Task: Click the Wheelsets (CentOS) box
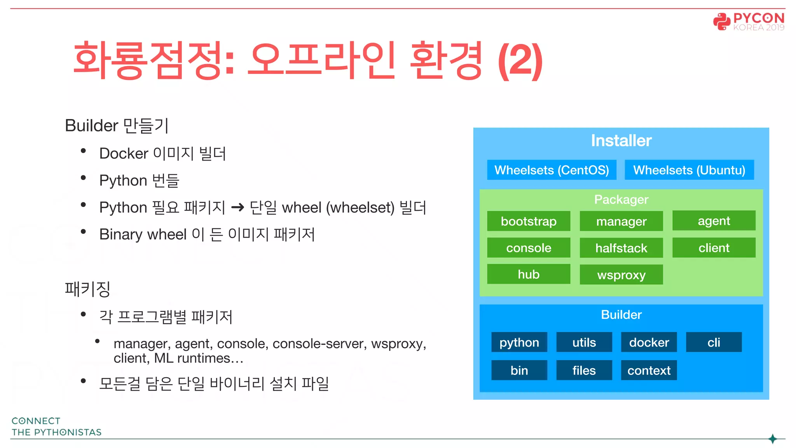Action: [552, 170]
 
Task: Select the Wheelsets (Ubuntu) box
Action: [689, 170]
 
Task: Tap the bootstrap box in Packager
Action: [529, 221]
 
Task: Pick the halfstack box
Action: [621, 248]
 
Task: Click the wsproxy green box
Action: [621, 275]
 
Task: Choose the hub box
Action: [529, 274]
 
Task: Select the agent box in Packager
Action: [714, 221]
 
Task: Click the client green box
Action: [714, 248]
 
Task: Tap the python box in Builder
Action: [519, 342]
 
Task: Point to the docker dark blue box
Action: [649, 342]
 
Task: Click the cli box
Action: [714, 342]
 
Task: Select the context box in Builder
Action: [649, 370]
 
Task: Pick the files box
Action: [584, 370]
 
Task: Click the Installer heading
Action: [621, 140]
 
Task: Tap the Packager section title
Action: [621, 199]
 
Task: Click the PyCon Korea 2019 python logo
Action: [722, 21]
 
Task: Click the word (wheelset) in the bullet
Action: [360, 208]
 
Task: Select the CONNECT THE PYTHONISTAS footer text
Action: [56, 427]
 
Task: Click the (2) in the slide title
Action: [520, 61]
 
